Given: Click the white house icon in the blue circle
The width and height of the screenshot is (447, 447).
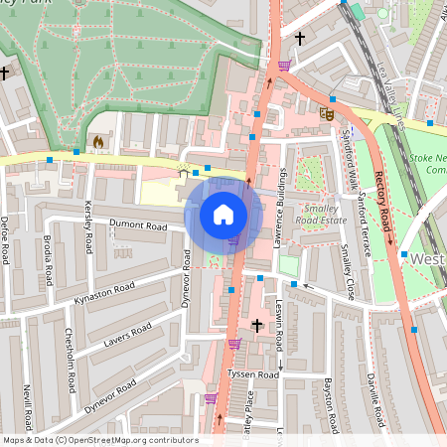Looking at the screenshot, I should coord(223,214).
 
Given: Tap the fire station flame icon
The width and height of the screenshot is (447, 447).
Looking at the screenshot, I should coord(97,142).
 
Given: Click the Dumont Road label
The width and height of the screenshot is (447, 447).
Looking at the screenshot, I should coord(140,224).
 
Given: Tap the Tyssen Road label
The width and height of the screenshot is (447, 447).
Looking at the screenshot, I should coord(252,374).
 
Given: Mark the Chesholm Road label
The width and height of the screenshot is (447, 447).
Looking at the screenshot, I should coord(69,352).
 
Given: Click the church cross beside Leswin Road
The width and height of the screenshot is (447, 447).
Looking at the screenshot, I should coord(257,325).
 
